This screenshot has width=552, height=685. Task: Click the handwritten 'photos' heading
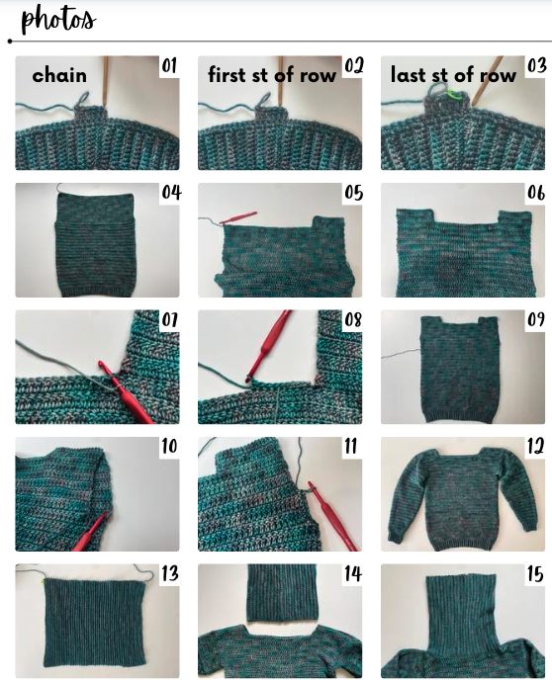[58, 20]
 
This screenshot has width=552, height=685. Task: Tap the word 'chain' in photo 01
[59, 75]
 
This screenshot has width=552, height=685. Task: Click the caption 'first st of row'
[272, 75]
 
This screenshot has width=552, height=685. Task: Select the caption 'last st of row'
[453, 75]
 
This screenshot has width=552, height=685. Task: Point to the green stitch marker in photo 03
[451, 93]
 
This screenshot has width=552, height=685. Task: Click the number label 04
[171, 192]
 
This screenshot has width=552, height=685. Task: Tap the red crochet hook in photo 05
[238, 217]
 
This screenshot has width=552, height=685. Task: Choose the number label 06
[536, 193]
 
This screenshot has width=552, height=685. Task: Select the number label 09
[536, 319]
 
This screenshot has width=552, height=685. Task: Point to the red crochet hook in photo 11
[332, 516]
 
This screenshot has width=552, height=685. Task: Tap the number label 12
[535, 447]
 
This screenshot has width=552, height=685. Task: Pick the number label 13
[170, 573]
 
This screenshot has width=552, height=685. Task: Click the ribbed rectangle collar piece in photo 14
[282, 592]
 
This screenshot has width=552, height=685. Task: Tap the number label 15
[535, 573]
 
